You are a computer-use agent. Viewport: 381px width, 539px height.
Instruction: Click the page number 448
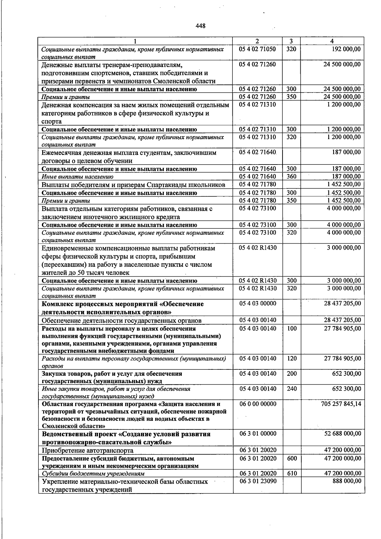(x=201, y=26)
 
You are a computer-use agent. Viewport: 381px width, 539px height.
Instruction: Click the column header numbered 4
(x=332, y=41)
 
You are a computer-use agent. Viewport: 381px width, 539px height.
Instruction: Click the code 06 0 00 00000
(x=257, y=404)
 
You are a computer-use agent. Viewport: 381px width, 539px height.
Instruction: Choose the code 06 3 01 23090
(x=257, y=481)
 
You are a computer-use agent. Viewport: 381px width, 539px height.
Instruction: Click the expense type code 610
(x=292, y=473)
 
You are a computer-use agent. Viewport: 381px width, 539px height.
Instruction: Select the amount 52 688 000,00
(x=343, y=434)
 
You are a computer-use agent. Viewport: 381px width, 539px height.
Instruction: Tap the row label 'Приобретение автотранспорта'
(x=88, y=450)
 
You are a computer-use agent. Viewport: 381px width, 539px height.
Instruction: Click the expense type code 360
(x=291, y=176)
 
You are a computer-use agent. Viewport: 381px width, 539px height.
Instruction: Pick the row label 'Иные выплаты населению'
(x=77, y=177)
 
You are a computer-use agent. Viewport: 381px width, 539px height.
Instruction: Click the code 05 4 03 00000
(x=257, y=303)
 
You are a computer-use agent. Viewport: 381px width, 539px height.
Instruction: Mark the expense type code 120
(x=292, y=359)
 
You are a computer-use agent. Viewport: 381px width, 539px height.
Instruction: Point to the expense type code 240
(x=292, y=389)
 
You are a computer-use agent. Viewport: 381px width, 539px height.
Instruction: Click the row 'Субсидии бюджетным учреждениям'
(x=93, y=474)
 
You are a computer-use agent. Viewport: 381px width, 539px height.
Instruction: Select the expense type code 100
(x=292, y=328)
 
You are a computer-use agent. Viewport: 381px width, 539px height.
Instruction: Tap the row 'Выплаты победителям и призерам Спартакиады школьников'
(x=133, y=185)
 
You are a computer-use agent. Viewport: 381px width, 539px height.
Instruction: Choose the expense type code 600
(x=292, y=458)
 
